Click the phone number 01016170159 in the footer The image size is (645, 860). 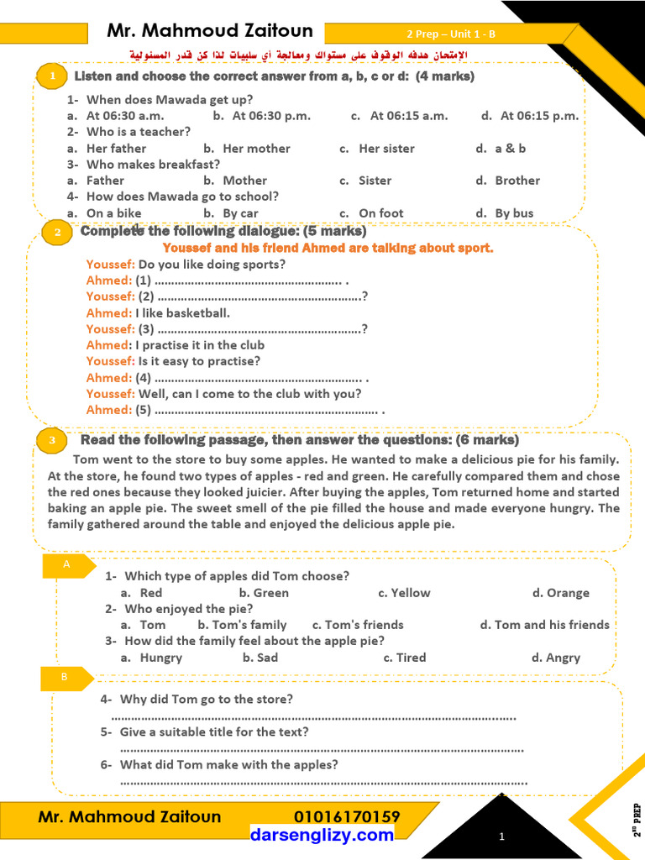tap(347, 817)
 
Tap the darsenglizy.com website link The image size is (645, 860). tap(322, 835)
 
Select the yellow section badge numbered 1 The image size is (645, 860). tap(53, 76)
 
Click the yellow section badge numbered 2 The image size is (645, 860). tap(57, 233)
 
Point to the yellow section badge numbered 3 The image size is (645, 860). tap(52, 440)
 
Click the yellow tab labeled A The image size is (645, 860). tap(66, 566)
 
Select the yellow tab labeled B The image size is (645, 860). tap(65, 677)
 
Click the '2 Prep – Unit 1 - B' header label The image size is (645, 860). tap(451, 34)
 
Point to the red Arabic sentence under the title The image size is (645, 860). tap(297, 55)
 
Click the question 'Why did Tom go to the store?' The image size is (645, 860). tap(206, 699)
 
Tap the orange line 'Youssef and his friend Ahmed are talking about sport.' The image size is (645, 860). tap(328, 248)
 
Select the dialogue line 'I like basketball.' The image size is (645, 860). tap(182, 313)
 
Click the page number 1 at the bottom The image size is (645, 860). tap(501, 836)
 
